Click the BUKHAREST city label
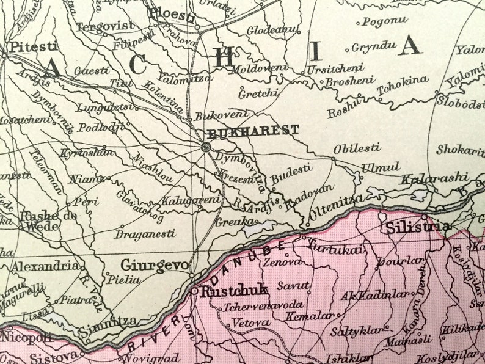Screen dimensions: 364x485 point(253,130)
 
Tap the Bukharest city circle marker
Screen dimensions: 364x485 point(206,147)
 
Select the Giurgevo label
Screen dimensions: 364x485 point(155,266)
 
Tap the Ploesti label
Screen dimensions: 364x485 point(173,12)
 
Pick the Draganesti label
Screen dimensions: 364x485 point(145,233)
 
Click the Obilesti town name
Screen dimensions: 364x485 point(357,148)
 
